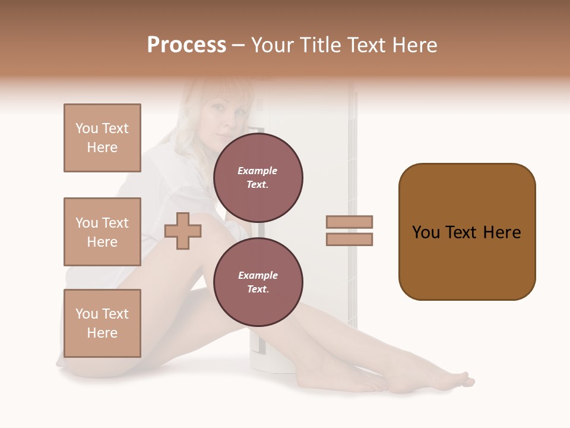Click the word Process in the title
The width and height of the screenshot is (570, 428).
click(186, 45)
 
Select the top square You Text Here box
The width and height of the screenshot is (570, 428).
click(102, 138)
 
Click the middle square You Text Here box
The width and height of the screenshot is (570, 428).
click(102, 232)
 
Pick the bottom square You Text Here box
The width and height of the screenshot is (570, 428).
click(102, 323)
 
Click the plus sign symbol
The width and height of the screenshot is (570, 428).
click(183, 231)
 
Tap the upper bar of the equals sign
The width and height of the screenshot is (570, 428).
click(350, 222)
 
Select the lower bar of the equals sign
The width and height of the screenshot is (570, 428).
click(350, 240)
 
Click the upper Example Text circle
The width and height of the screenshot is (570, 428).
click(258, 178)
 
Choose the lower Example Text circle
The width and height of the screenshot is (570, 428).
click(258, 282)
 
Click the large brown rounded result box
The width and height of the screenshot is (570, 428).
click(467, 231)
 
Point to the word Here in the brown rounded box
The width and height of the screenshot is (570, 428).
click(502, 232)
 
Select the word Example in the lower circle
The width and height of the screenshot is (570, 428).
click(258, 275)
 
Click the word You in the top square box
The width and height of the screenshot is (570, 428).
click(87, 128)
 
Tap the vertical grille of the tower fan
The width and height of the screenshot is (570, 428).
click(352, 149)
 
